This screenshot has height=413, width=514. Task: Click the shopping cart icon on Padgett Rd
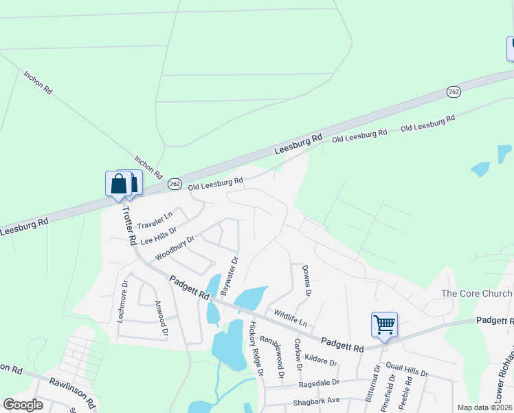tap(384, 324)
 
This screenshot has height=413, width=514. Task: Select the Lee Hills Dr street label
tap(158, 235)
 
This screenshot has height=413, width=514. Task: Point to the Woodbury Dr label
tap(175, 248)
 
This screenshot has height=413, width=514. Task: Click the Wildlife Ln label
tap(290, 318)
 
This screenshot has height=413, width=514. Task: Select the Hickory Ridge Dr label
tap(256, 348)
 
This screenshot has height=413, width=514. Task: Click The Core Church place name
tap(476, 294)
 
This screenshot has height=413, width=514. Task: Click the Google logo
tap(23, 405)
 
